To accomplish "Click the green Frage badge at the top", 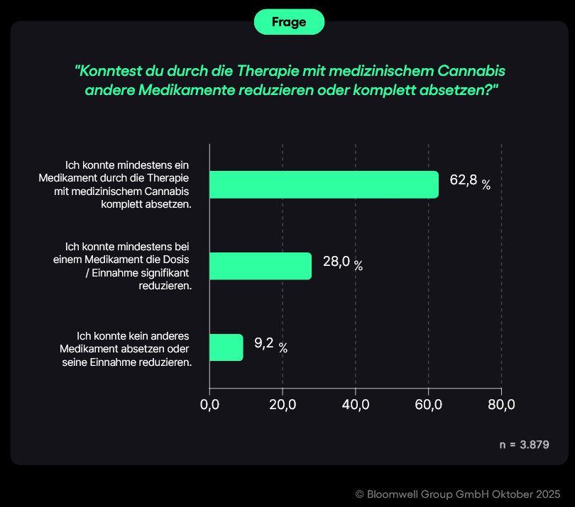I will coord(289,22).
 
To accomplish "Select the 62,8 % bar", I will coord(324,184).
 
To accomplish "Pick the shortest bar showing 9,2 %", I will coord(226,347).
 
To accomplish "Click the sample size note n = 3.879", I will coord(525,445).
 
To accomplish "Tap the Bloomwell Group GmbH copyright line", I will coord(458,494).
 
